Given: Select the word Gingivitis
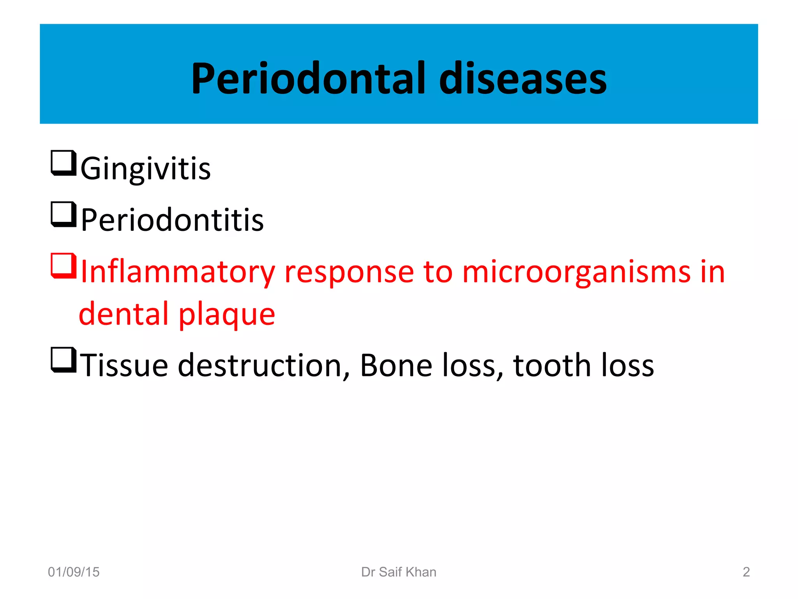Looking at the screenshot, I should coord(145,168).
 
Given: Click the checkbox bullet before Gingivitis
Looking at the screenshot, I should coord(63,163).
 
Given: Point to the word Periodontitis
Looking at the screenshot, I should coord(172,220).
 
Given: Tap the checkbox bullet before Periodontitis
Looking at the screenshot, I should coord(63,214).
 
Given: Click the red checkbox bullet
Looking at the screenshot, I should coord(63,266).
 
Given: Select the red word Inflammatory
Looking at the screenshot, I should coord(178,272).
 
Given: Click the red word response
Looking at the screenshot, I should coord(349,272).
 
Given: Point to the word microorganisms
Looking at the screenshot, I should coord(576,272).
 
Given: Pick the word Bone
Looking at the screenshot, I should coord(396,365).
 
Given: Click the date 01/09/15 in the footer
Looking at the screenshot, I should coord(74,572).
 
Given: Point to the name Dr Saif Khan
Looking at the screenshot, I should coord(399,572).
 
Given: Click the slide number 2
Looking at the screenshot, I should coord(746,572).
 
